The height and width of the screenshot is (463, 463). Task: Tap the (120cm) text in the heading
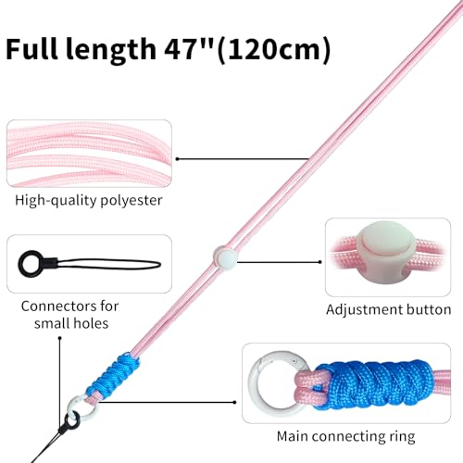[274, 50]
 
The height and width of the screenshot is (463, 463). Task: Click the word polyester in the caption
[131, 201]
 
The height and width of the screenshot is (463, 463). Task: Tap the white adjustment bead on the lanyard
[225, 257]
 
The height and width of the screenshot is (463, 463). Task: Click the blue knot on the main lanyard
[113, 375]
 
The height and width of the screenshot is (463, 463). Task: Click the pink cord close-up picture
[89, 154]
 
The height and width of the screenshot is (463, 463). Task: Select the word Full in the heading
[31, 49]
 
